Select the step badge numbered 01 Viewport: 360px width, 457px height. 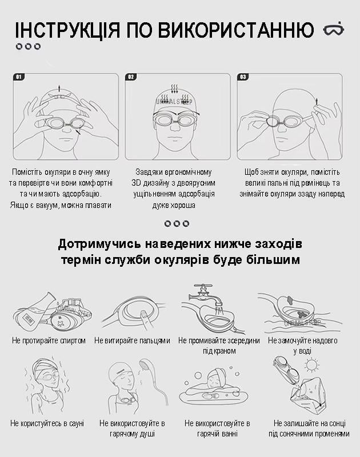pos(19,77)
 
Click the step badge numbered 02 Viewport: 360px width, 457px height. pos(131,77)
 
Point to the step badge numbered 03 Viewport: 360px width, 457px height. pos(243,77)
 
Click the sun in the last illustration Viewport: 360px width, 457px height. pos(311,365)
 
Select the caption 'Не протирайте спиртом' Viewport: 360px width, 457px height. pos(49,340)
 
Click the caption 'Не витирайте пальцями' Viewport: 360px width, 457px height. pos(132,340)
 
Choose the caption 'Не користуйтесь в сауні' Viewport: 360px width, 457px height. pos(47,423)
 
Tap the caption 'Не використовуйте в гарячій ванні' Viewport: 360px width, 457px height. pos(217,428)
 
